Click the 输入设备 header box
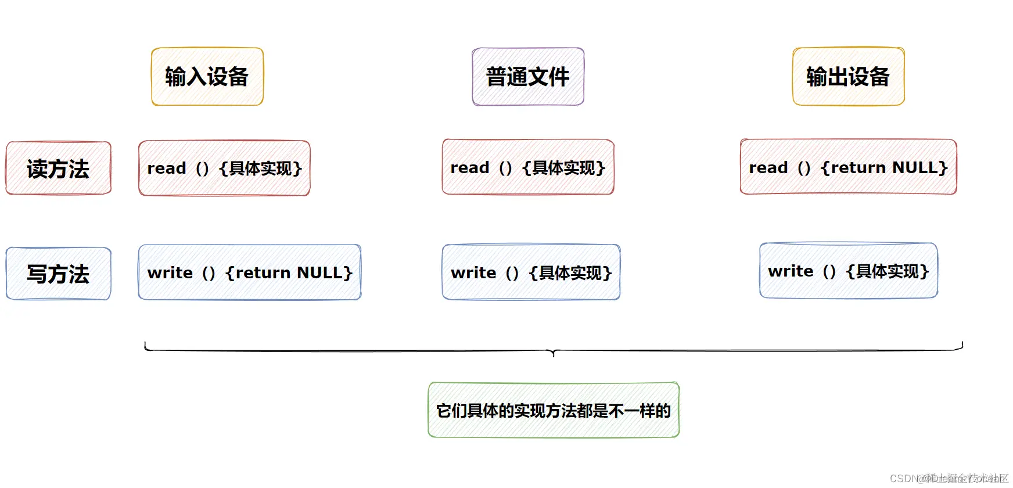[x=207, y=77]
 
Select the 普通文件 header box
[x=528, y=77]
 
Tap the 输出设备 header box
[x=848, y=77]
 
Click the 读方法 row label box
[x=58, y=168]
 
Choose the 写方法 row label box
[x=58, y=274]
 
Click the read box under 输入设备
[x=224, y=168]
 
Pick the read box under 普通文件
[x=528, y=167]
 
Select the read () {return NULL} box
[x=848, y=167]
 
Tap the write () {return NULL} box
[x=250, y=272]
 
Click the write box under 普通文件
[x=531, y=272]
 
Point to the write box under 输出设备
[x=848, y=271]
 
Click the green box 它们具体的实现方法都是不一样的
[x=554, y=410]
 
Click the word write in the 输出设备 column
[x=791, y=271]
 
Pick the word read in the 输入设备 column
[x=167, y=168]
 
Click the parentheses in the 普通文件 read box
[x=505, y=167]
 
